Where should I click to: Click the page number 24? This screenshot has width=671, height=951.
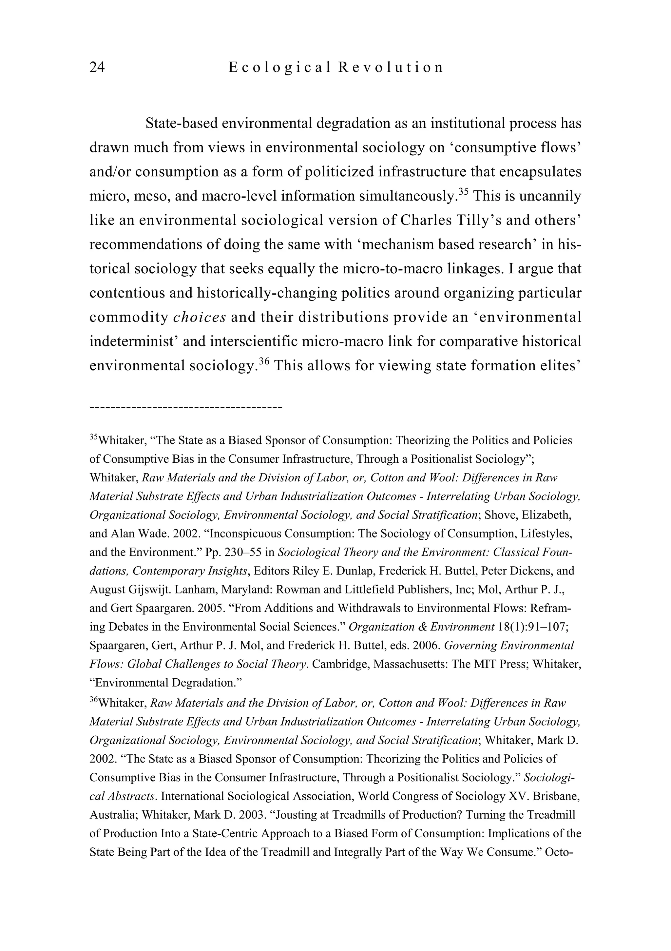pyautogui.click(x=97, y=67)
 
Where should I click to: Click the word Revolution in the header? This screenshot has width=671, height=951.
pyautogui.click(x=391, y=67)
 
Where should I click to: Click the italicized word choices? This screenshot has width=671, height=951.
pyautogui.click(x=200, y=317)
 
